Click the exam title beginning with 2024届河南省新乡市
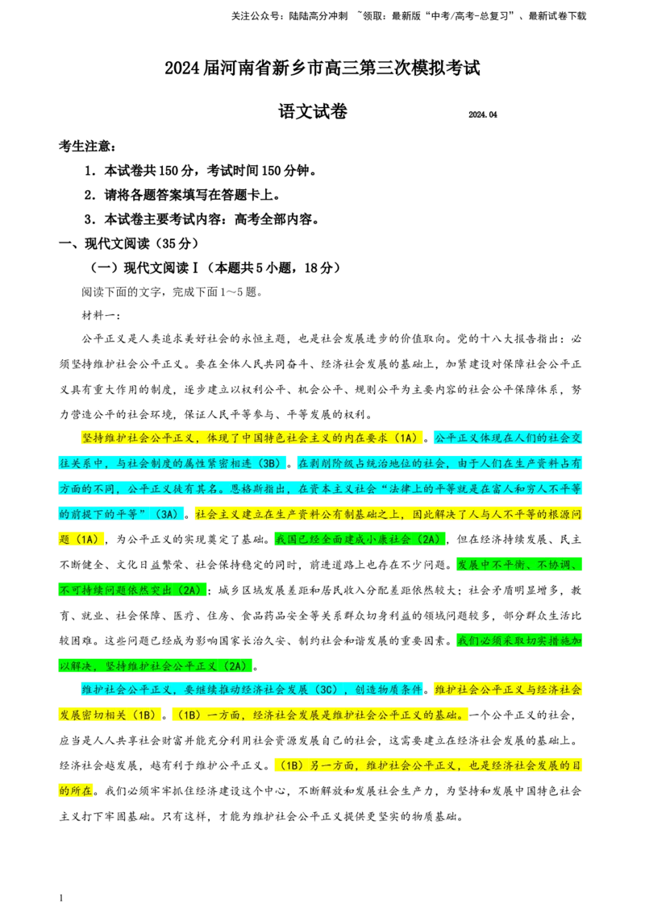322,68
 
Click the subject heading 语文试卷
313,111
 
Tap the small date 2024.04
483,114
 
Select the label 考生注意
87,146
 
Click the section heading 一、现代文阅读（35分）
129,243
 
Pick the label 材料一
102,315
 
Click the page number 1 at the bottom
61,898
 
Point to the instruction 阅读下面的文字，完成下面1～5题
173,292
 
